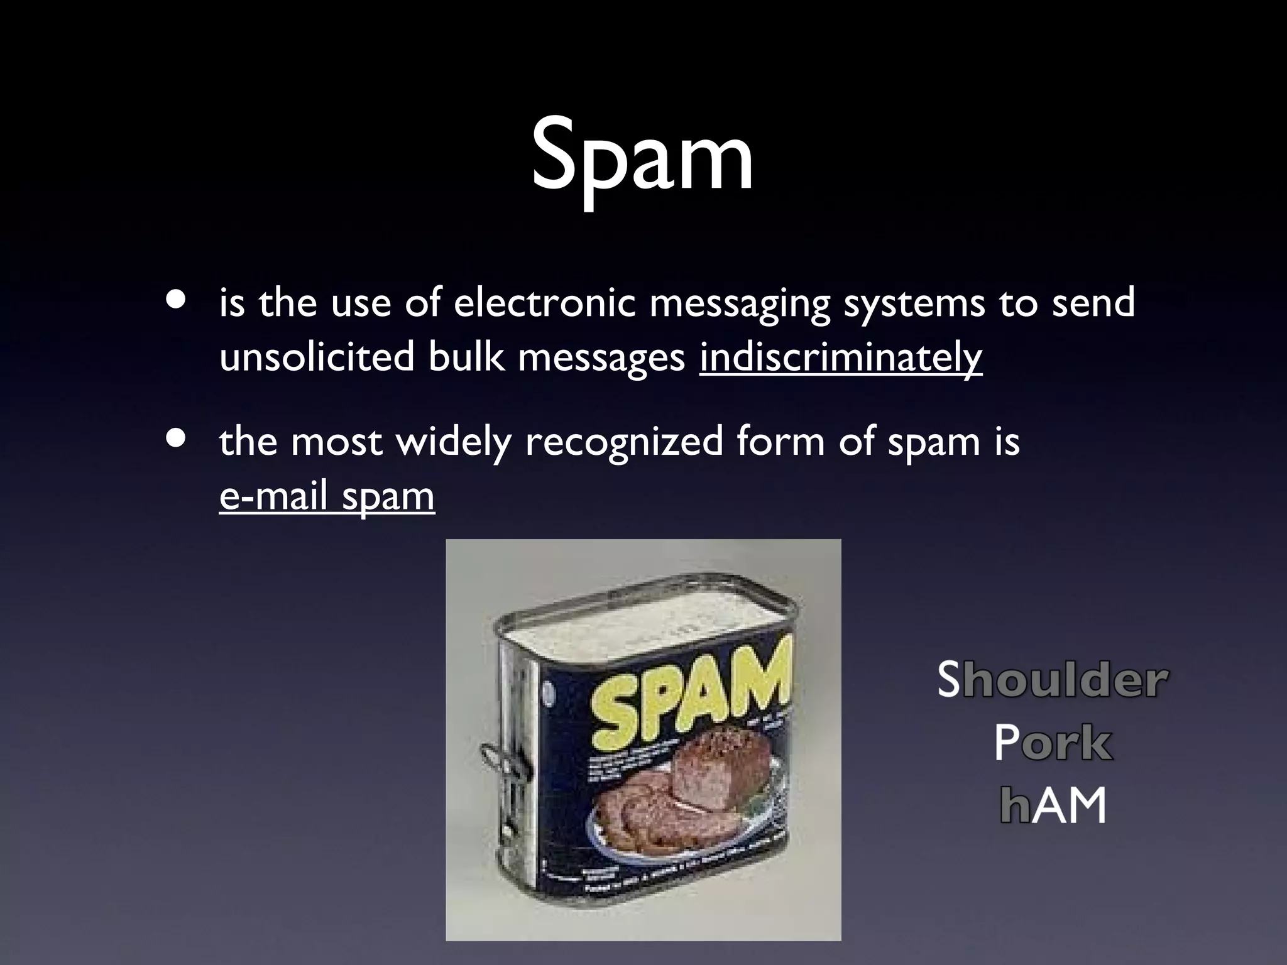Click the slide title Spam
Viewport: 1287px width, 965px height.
click(x=642, y=157)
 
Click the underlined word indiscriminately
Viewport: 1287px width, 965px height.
click(x=840, y=357)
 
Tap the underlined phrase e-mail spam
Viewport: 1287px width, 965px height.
click(x=327, y=496)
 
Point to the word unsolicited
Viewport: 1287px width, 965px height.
click(x=317, y=357)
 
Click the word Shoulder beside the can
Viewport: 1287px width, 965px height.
click(x=1053, y=680)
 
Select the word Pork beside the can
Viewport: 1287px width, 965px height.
click(x=1053, y=743)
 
